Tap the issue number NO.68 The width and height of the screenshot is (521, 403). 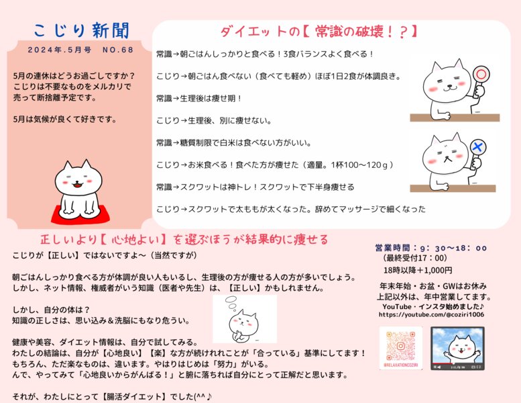coord(119,50)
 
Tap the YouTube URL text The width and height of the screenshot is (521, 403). coord(431,314)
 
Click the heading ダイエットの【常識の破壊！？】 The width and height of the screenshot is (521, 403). coord(320,31)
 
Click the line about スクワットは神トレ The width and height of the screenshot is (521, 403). coord(255,187)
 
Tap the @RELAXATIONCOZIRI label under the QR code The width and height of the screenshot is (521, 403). coord(400,366)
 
